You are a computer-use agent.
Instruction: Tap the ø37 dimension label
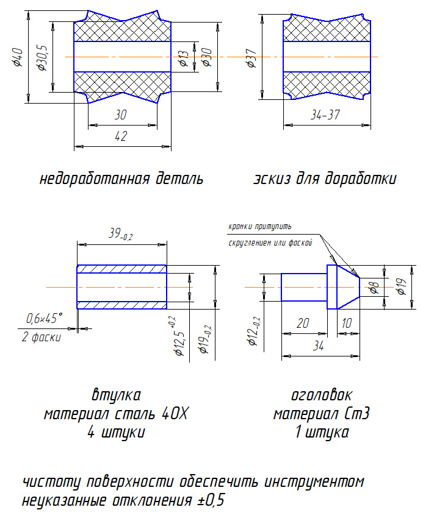[x=250, y=59]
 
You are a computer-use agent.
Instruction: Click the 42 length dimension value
[x=120, y=136]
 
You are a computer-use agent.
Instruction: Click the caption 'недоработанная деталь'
[x=121, y=179]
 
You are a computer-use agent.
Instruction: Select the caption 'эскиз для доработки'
[x=325, y=179]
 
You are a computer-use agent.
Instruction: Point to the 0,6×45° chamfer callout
[x=45, y=318]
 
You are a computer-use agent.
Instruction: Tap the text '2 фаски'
[x=42, y=337]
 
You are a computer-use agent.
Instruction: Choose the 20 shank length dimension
[x=302, y=324]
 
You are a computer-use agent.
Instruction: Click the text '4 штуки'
[x=117, y=433]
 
